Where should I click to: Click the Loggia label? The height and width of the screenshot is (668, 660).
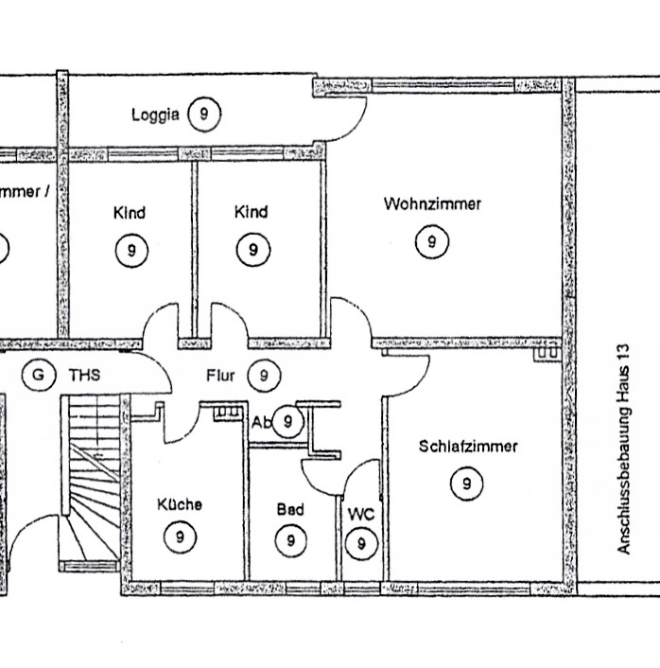[x=155, y=115]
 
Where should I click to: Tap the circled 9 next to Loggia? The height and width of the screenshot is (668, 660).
[x=203, y=114]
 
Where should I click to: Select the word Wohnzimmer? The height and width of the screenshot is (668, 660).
[x=432, y=203]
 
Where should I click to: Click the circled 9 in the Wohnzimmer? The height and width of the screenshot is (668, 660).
[x=431, y=242]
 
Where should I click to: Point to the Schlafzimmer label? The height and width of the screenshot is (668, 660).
[x=468, y=447]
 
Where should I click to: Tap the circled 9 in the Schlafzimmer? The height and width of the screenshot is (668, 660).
[x=467, y=484]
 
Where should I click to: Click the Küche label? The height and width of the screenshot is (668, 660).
[x=179, y=504]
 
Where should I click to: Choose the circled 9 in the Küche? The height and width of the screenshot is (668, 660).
[x=179, y=536]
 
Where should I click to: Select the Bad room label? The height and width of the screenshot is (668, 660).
[x=290, y=509]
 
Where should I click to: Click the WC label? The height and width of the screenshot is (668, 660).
[x=361, y=514]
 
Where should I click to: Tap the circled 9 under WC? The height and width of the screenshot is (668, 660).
[x=360, y=544]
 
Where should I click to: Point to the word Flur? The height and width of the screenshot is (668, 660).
[x=220, y=376]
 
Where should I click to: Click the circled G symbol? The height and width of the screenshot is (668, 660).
[x=38, y=375]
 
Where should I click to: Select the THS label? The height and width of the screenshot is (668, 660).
[x=83, y=376]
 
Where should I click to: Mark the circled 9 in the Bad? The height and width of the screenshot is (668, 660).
[x=290, y=540]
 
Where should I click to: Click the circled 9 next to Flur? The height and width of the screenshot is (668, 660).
[x=264, y=376]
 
